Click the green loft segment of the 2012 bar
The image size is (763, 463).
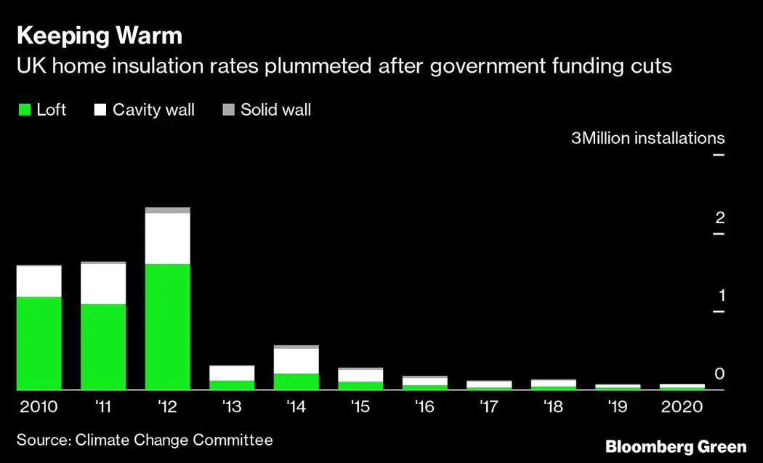click(x=167, y=326)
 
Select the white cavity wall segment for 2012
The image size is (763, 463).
click(x=167, y=238)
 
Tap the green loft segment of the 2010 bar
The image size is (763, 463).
click(x=39, y=343)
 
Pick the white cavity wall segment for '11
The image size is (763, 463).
click(x=102, y=283)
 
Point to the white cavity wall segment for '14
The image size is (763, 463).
click(x=296, y=361)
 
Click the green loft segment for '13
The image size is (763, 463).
click(x=232, y=385)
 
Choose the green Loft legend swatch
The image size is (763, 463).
click(x=24, y=110)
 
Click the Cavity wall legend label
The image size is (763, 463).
click(x=153, y=110)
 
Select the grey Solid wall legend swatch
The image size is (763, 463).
click(x=228, y=110)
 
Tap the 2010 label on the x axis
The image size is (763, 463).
click(x=39, y=407)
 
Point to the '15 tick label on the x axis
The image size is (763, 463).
click(x=360, y=407)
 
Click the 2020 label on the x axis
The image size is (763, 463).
click(x=682, y=407)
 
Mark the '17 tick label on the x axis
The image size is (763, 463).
click(x=489, y=407)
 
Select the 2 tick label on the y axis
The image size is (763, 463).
click(x=720, y=217)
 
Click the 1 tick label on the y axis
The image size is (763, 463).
click(x=721, y=295)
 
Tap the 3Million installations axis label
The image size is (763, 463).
click(x=647, y=138)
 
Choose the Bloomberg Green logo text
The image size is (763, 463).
click(x=676, y=446)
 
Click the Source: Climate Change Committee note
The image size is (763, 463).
click(x=145, y=440)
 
